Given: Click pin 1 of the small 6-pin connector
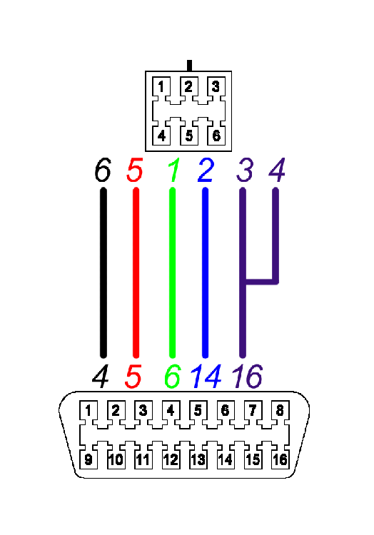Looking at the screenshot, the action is [x=161, y=87].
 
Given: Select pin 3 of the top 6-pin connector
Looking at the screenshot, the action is [x=216, y=87].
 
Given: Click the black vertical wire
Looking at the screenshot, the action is [x=103, y=273].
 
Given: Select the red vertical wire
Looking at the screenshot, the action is [x=136, y=273].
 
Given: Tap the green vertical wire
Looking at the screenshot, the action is [x=172, y=273].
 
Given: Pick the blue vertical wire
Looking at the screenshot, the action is [x=205, y=273].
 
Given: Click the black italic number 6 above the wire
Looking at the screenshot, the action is [x=103, y=170].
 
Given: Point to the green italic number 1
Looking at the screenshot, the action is [x=174, y=170].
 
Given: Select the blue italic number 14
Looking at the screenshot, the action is [x=206, y=377].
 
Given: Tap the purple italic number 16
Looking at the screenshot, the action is [x=248, y=377].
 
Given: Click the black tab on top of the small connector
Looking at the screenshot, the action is [x=189, y=66].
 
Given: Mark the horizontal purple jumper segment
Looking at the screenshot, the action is [x=261, y=282].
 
